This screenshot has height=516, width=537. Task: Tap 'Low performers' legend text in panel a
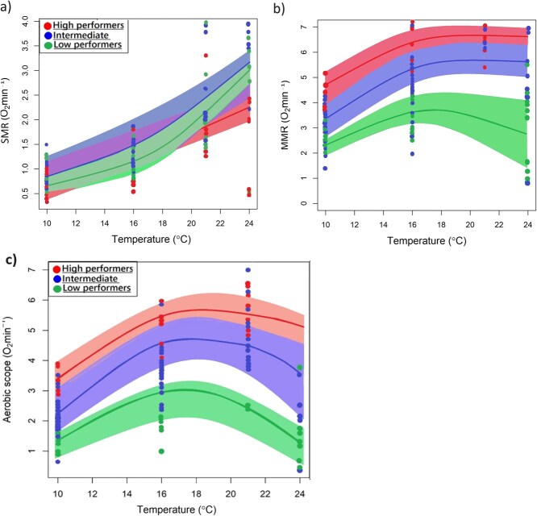pyautogui.click(x=89, y=45)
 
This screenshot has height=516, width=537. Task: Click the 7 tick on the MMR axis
pyautogui.click(x=306, y=27)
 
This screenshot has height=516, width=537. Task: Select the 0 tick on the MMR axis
pyautogui.click(x=306, y=203)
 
